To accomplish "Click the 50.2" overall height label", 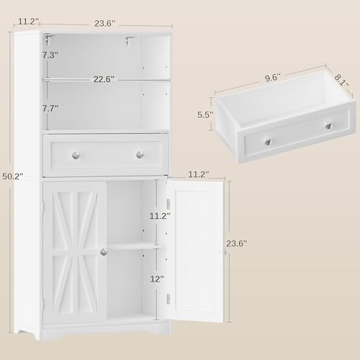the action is coord(13,176).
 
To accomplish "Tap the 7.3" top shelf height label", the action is coord(50,55).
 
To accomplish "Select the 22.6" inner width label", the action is coord(104,79).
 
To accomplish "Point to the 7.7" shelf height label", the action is coord(50,109).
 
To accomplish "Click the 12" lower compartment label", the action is coord(157,279).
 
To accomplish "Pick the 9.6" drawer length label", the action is coord(273,78).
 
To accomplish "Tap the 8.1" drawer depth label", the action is coord(341,80).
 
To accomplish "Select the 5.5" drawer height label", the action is coord(205,114).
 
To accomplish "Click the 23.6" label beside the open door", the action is coord(236,243).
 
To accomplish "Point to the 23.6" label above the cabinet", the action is coord(104,24).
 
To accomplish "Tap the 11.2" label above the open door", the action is coord(198,174).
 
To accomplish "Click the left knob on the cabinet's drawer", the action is coord(76,155).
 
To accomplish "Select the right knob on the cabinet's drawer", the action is coord(140,155).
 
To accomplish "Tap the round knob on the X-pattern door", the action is coord(104,252).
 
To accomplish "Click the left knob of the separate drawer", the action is coord(268,141).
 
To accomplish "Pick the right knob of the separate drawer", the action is coord(328,125).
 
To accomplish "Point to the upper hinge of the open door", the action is coord(168,204).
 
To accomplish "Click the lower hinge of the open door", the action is coord(168,299).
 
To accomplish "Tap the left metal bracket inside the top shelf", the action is coord(50,40).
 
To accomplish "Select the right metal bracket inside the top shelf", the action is coord(130,40).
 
